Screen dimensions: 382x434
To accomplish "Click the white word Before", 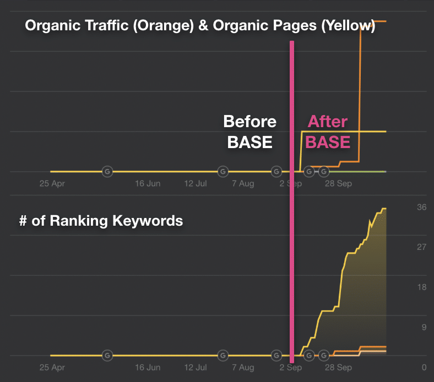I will [249, 122].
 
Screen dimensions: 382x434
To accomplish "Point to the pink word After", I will [328, 122].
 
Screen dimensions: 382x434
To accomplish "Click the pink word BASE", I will [328, 142].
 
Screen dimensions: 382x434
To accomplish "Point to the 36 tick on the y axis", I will [421, 207].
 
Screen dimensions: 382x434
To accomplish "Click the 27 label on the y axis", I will [421, 247].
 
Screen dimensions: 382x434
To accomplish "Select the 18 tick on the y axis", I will [421, 287].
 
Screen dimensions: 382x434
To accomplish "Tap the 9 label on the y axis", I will [424, 328].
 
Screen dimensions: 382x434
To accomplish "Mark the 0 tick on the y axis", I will [424, 368].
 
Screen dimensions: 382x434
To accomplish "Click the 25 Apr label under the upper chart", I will [52, 184].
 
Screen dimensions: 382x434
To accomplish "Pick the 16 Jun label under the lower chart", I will [148, 368].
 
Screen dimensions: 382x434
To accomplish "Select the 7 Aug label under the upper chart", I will [242, 184].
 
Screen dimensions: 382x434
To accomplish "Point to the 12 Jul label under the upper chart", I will [195, 184].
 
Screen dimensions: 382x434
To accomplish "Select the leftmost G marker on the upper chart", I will [107, 172].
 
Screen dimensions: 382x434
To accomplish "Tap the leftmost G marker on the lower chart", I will [107, 356].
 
